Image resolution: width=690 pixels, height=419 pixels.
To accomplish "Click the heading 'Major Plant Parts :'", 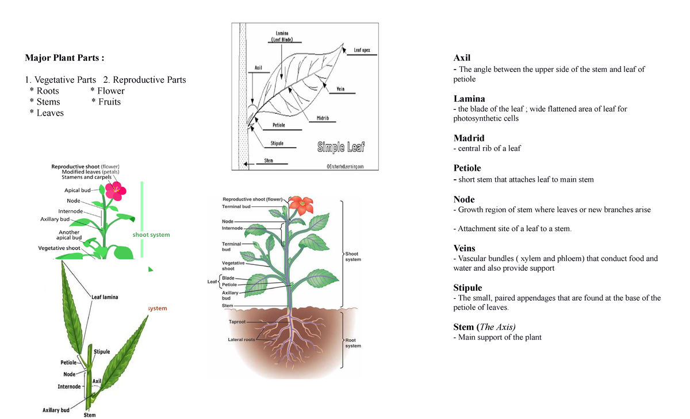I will click(64, 58).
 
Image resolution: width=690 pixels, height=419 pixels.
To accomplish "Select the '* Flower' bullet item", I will click(108, 91).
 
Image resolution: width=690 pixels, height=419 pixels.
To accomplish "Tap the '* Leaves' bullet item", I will click(47, 113).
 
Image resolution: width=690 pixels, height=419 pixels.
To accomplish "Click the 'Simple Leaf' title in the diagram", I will click(341, 148).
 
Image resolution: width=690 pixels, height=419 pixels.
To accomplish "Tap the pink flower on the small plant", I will click(116, 190).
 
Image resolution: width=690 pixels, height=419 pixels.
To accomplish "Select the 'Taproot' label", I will click(237, 322).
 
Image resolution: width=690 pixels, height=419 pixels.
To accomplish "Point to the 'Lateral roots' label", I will click(241, 340).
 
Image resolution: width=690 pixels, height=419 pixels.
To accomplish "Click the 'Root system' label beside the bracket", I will click(353, 343).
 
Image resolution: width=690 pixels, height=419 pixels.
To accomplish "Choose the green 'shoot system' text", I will click(151, 235).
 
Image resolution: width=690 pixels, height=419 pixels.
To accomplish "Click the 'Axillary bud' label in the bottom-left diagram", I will click(56, 410).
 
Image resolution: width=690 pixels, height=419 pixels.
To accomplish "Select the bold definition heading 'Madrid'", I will click(469, 138).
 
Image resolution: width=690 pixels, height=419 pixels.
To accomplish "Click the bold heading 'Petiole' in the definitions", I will click(467, 168).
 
